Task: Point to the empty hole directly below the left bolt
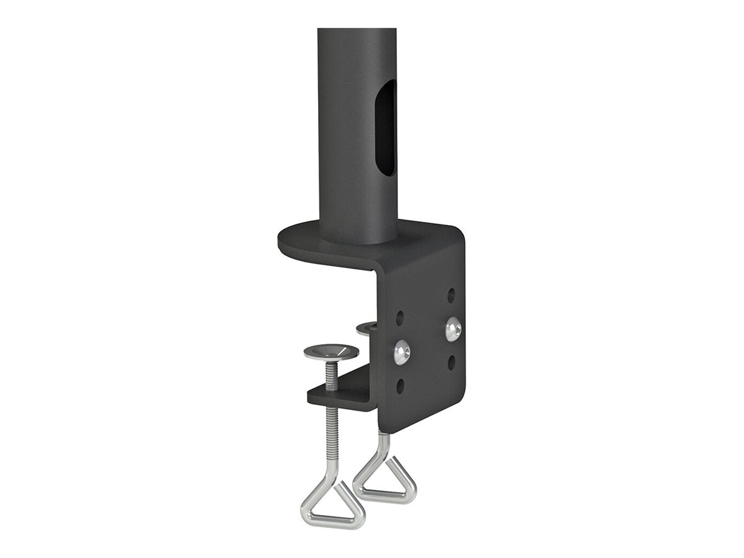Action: click(x=401, y=386)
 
